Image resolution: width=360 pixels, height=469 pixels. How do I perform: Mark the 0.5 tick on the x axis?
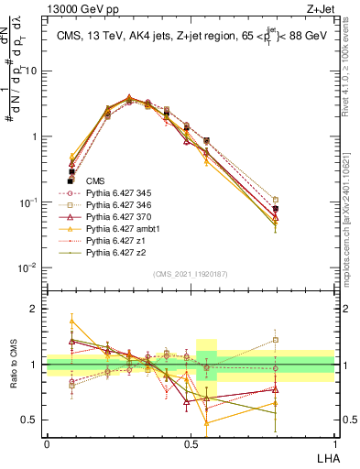tap(191, 441)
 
